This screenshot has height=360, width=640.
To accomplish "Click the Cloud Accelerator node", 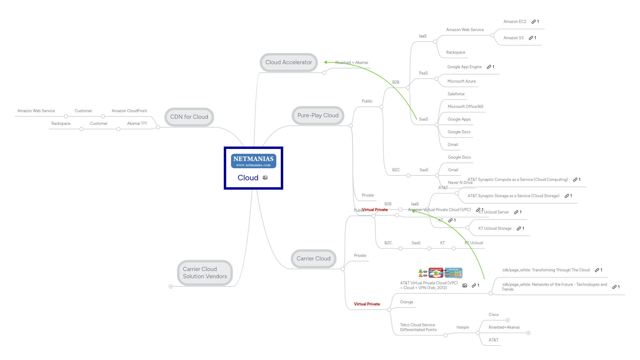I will (289, 62).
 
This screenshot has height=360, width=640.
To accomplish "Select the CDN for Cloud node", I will (189, 117).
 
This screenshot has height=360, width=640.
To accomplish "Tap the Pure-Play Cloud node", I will (318, 115).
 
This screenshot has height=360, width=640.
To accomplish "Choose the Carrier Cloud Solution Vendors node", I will (205, 273).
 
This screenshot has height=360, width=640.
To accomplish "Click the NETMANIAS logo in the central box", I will (253, 161).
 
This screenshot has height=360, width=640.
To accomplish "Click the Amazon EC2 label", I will (515, 22).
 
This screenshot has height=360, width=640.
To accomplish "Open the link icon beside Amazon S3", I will (531, 38).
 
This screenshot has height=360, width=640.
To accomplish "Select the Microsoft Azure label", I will (461, 81).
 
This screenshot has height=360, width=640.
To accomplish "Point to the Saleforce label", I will (456, 94).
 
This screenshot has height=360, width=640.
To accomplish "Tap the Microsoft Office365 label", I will (465, 107).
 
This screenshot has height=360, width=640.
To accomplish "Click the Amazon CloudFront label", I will (129, 111).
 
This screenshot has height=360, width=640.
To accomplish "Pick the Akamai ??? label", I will (137, 124).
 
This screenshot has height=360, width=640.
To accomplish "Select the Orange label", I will (407, 302).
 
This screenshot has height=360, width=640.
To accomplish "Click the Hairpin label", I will (463, 327).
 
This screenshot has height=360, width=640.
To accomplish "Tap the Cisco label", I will (494, 315).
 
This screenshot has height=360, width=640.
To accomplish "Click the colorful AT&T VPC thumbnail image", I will (440, 273).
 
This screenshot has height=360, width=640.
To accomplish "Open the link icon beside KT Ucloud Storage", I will (519, 229).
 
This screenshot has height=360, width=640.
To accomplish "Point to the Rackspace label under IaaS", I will (455, 52).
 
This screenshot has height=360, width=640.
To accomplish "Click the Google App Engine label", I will (464, 67).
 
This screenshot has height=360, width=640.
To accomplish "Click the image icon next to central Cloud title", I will (265, 178).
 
